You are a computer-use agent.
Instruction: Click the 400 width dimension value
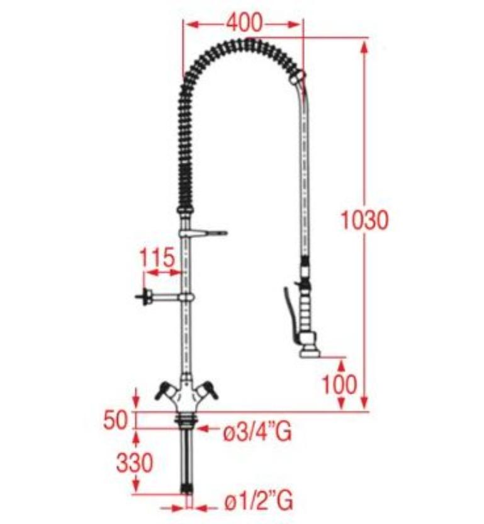coord(244,23)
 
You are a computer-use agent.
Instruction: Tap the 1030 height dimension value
coord(365,220)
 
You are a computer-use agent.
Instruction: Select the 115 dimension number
coord(157,257)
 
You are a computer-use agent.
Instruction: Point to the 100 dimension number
coord(339,384)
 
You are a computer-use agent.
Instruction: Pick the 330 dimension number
coord(134,463)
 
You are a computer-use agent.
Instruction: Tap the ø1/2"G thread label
coord(259,500)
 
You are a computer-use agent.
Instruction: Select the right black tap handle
coord(208,390)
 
